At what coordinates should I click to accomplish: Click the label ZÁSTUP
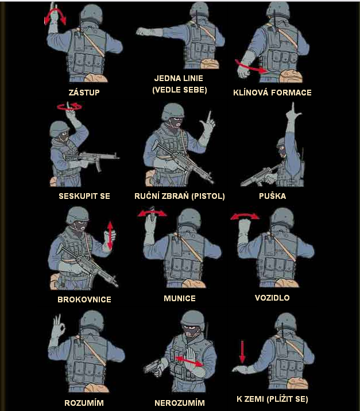tap(84, 93)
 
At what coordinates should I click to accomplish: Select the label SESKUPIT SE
tap(84, 196)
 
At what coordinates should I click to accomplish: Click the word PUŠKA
tap(272, 196)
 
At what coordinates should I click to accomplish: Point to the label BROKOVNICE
tap(84, 299)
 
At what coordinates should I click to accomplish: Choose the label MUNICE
tap(180, 298)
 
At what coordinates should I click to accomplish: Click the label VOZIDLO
tap(272, 298)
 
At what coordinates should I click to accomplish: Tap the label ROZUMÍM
tap(84, 402)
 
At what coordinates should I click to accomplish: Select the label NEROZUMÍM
tap(180, 402)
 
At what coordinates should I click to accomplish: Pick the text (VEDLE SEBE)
tap(180, 90)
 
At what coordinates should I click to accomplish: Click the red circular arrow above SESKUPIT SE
tap(69, 106)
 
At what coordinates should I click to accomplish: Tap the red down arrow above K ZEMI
tap(242, 352)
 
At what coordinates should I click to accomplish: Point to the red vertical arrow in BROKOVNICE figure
tap(110, 235)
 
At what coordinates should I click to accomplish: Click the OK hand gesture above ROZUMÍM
tap(59, 327)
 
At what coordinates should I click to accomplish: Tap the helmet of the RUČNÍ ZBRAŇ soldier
tap(172, 111)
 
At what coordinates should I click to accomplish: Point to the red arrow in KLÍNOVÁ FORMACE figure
tap(250, 67)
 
